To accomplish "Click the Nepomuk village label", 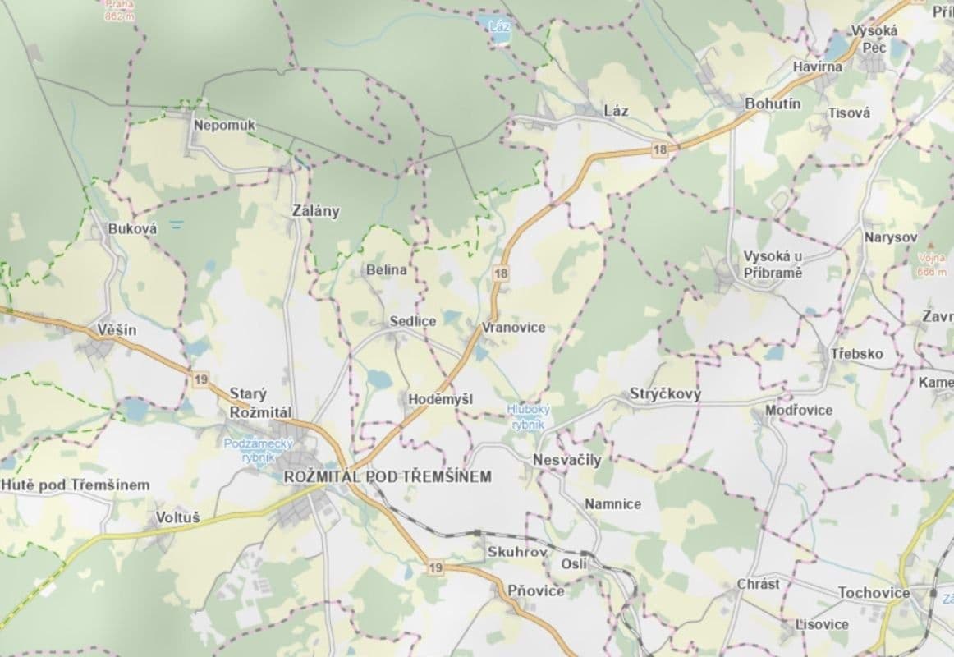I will [225, 125].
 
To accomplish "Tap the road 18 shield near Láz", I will [662, 149].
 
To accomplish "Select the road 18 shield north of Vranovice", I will [501, 273].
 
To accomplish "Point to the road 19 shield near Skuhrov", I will [435, 567].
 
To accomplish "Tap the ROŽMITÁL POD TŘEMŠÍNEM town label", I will [388, 476].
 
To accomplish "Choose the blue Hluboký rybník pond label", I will [528, 416].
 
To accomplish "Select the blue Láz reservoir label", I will [499, 26].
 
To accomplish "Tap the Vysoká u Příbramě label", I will [772, 264].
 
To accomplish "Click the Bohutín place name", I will [772, 104].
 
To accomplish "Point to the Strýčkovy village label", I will [665, 394].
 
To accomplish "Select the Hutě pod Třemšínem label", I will [76, 485].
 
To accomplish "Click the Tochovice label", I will [874, 592].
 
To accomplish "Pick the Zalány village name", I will [315, 211].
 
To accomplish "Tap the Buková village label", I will [132, 229].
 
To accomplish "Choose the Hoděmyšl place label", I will [440, 398].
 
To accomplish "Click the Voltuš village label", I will [177, 518].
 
